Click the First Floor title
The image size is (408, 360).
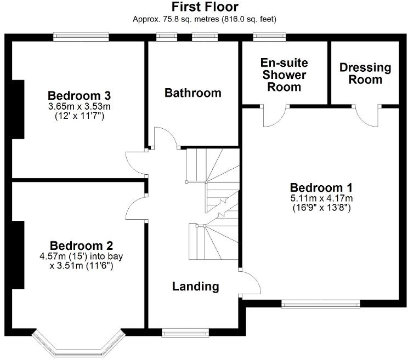tap(205, 7)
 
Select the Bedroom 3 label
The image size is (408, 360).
tap(78, 93)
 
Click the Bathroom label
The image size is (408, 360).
tap(193, 93)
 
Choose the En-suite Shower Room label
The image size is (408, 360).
tap(284, 75)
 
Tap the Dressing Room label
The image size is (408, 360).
tap(365, 73)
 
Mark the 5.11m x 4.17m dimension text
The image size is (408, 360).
tap(321, 198)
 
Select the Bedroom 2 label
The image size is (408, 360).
tap(81, 244)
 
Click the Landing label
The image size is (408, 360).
tap(196, 286)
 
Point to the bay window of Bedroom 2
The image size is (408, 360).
tap(77, 342)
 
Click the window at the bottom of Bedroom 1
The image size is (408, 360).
tap(321, 302)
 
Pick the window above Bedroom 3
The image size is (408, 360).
tap(81, 37)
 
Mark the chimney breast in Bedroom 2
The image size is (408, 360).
tap(17, 255)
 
